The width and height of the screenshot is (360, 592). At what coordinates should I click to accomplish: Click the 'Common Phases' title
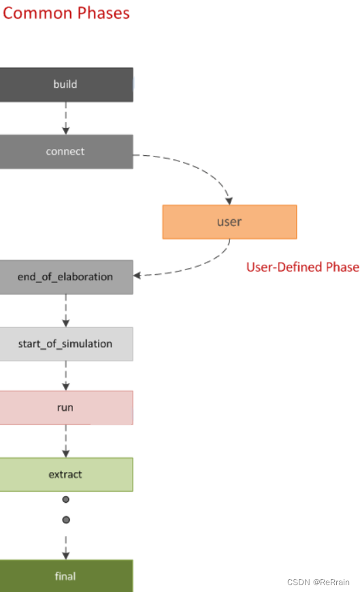(66, 13)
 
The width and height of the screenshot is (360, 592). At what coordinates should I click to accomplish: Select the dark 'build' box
(66, 84)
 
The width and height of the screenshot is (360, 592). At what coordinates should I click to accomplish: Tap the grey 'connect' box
(66, 152)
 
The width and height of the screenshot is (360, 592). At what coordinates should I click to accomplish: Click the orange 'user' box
(229, 222)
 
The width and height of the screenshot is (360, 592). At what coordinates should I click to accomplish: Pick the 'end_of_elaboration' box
(66, 277)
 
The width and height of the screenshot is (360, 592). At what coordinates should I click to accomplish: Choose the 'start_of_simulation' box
(66, 344)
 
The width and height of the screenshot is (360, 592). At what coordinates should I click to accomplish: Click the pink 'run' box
(66, 408)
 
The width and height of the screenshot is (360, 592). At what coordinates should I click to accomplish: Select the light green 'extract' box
(66, 474)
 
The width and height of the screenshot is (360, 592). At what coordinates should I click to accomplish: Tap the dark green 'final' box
(66, 576)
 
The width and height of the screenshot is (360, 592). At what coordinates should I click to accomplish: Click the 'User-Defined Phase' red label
(302, 267)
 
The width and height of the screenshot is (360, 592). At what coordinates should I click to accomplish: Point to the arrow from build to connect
(66, 118)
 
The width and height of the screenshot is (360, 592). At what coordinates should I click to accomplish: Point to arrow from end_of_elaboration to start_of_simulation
(66, 310)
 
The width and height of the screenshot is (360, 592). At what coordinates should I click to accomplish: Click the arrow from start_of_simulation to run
(66, 376)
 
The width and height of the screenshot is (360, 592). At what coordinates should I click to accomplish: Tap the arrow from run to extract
(66, 441)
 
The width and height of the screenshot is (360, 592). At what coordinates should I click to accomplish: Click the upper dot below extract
(66, 499)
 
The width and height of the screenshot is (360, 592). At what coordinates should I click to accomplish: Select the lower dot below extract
(66, 520)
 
